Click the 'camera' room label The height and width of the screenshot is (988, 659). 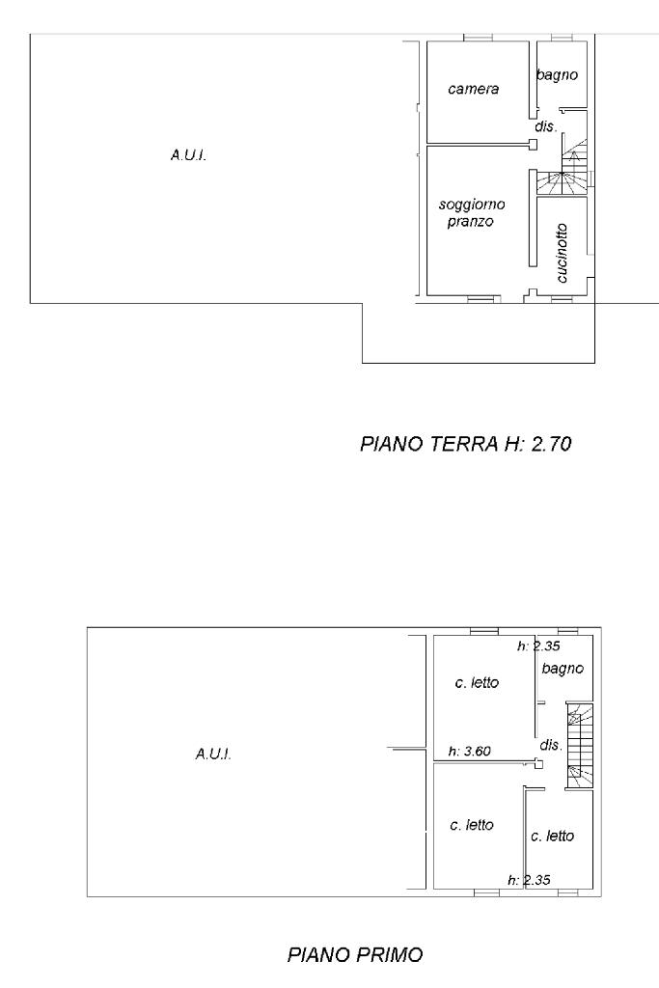point(473,90)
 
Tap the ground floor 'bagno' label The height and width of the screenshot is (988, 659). point(557,75)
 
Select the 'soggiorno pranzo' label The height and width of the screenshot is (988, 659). point(472,213)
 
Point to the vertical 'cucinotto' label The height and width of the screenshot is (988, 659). point(562,253)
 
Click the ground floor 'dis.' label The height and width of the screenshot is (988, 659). point(546,126)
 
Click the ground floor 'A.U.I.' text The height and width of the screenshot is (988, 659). point(188,155)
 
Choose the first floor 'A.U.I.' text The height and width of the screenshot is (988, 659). point(213,754)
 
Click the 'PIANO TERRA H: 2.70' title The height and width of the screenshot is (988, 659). point(466,444)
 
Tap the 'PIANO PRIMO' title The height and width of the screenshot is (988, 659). point(355,954)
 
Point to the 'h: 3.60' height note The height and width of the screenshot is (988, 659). point(469,751)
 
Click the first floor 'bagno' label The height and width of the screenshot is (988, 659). point(563,669)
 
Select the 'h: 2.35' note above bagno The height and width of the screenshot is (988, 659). point(538,645)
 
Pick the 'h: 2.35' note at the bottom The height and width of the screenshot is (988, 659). point(529,880)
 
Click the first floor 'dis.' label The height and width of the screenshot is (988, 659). point(551,745)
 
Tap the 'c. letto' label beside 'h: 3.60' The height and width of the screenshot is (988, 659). point(477,682)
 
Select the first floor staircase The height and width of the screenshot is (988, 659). point(580,746)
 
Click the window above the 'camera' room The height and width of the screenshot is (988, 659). point(478,38)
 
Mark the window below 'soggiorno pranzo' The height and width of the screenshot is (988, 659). point(481,300)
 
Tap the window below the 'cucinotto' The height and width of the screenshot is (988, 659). point(562,300)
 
